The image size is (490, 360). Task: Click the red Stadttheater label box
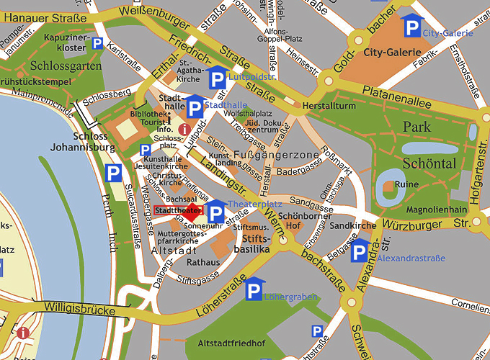176,210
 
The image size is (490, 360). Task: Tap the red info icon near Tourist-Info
184,130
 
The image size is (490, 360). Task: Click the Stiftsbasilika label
256,243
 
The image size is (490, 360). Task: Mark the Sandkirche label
353,225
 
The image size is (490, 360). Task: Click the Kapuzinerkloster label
66,41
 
